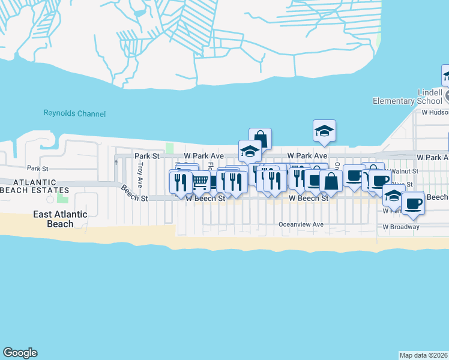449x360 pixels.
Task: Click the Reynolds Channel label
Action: coord(74,113)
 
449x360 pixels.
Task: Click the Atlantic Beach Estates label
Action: coord(35,186)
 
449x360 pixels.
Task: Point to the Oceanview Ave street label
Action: coord(301,224)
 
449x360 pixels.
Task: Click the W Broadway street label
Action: coord(401,227)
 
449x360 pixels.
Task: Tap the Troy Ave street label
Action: coord(140,172)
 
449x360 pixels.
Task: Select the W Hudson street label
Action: coord(434,112)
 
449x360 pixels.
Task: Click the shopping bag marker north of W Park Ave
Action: coord(260,138)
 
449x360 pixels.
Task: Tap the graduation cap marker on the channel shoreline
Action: coord(324,130)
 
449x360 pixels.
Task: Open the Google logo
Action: coord(20,353)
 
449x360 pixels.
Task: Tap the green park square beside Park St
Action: coord(169,148)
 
